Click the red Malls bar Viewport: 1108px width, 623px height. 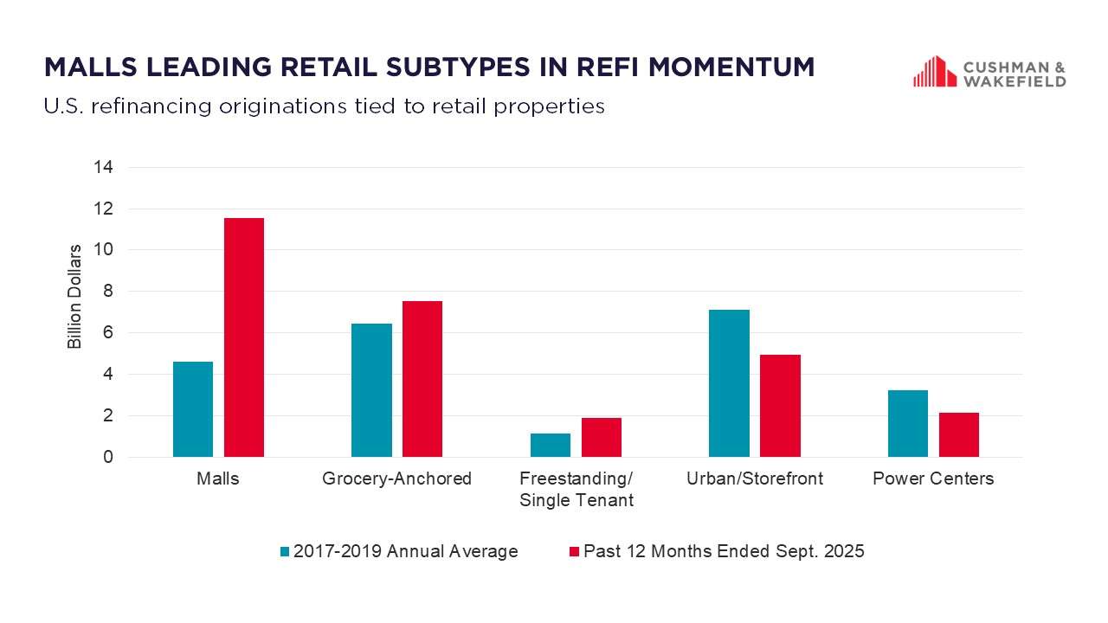[x=243, y=337]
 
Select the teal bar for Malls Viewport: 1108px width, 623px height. [x=193, y=409]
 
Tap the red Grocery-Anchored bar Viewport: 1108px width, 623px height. [x=422, y=379]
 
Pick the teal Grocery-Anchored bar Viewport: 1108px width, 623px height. [x=371, y=390]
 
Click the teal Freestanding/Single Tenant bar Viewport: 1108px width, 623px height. [x=551, y=445]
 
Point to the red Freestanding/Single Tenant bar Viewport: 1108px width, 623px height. [x=602, y=438]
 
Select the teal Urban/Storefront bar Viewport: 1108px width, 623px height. [x=729, y=383]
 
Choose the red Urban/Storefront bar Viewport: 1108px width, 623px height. [x=780, y=406]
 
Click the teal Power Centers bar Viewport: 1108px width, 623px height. [x=907, y=424]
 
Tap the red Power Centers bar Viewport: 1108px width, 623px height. [x=958, y=434]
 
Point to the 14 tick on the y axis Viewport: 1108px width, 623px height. [x=104, y=167]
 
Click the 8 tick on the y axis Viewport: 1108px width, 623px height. [x=108, y=292]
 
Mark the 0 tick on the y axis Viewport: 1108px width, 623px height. [x=108, y=457]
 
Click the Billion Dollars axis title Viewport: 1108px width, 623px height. [x=74, y=297]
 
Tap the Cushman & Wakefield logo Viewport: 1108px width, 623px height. [x=989, y=73]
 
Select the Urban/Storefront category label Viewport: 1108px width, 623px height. [x=754, y=478]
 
